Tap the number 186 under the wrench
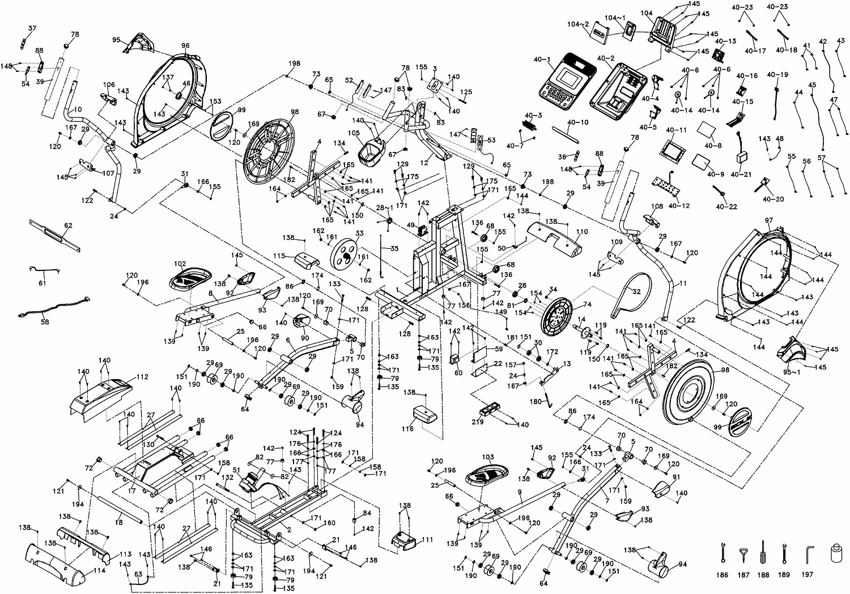tap(722, 575)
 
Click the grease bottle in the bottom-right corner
tap(836, 553)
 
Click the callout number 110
tap(581, 231)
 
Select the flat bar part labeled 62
tap(55, 235)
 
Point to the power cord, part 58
tap(54, 306)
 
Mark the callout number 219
tap(478, 422)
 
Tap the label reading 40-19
tap(777, 74)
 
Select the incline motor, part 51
tap(251, 481)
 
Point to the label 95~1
tap(792, 372)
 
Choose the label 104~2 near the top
tap(579, 24)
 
